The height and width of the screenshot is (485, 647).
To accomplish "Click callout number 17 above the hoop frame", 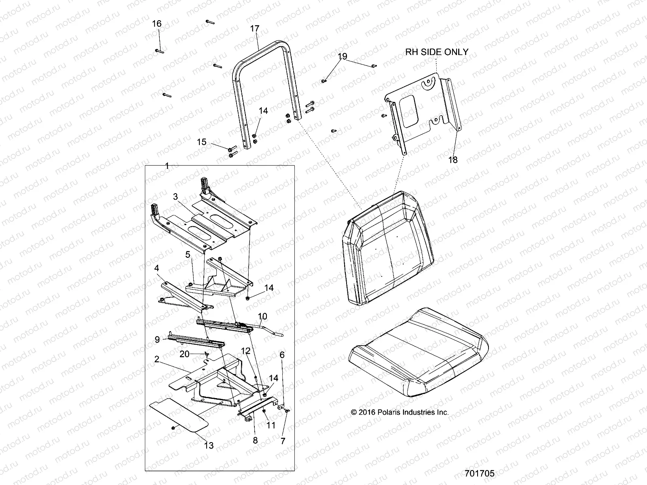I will coord(255,29).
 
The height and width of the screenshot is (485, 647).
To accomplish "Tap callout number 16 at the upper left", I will coord(156,24).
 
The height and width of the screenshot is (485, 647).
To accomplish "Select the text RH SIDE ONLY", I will coord(437,52).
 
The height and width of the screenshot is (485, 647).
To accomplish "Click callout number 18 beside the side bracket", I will coord(453,160).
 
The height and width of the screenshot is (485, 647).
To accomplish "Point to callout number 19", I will coord(343,57).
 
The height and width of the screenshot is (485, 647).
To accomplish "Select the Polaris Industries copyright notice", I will coord(400,413).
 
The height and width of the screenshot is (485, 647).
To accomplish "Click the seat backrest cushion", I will coord(388,251).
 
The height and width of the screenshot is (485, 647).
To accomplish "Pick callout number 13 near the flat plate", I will coord(209,445).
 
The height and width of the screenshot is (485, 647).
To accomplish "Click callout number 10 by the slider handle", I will coord(262,316).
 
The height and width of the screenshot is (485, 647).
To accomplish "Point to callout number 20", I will coord(184,354).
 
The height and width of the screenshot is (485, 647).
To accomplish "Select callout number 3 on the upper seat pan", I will coord(175,197).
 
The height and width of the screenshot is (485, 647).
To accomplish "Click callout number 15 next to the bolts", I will coord(202,142).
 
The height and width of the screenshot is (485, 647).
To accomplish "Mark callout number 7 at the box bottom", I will coord(283,441).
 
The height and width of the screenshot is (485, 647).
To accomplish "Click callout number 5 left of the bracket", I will coord(188,255).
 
